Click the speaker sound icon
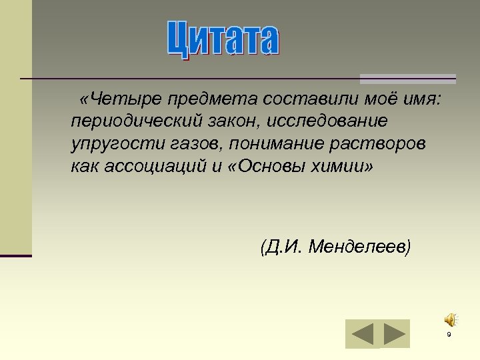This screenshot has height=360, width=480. pos(451,319)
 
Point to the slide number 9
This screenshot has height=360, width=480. pos(449,335)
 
